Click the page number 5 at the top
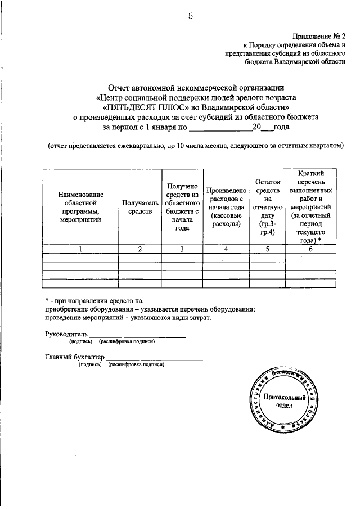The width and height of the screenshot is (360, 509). coord(191,16)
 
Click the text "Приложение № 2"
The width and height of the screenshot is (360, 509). coord(318,35)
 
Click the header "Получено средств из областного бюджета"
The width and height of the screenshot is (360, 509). coord(181,207)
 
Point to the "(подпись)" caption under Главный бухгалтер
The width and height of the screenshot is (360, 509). coord(90,364)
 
